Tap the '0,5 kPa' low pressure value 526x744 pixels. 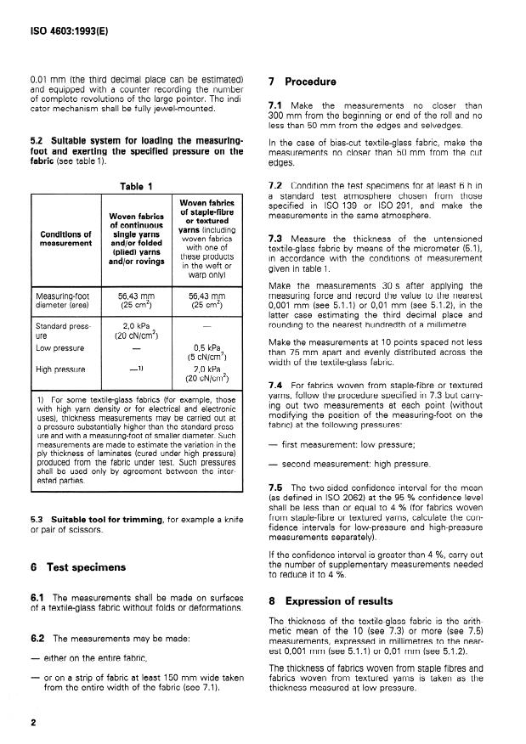click(195, 347)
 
